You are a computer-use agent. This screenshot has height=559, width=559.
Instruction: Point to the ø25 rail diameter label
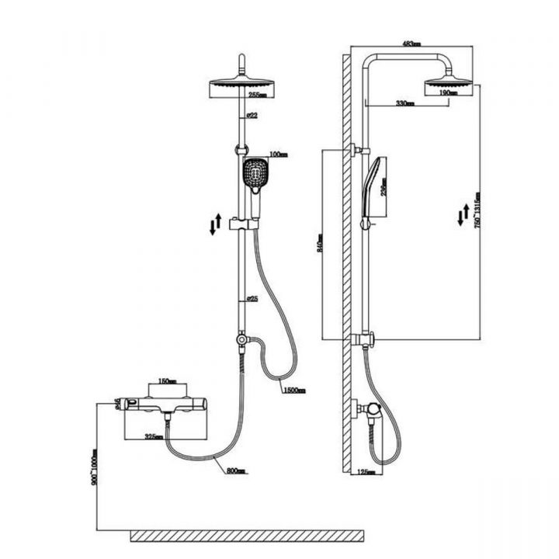[252, 299]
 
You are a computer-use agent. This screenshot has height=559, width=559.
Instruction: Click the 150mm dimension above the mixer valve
[167, 381]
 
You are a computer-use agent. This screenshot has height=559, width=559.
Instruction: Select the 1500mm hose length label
[295, 390]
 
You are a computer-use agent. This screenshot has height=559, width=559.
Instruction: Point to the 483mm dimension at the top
[411, 44]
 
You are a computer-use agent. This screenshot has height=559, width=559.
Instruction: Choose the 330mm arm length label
[404, 102]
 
